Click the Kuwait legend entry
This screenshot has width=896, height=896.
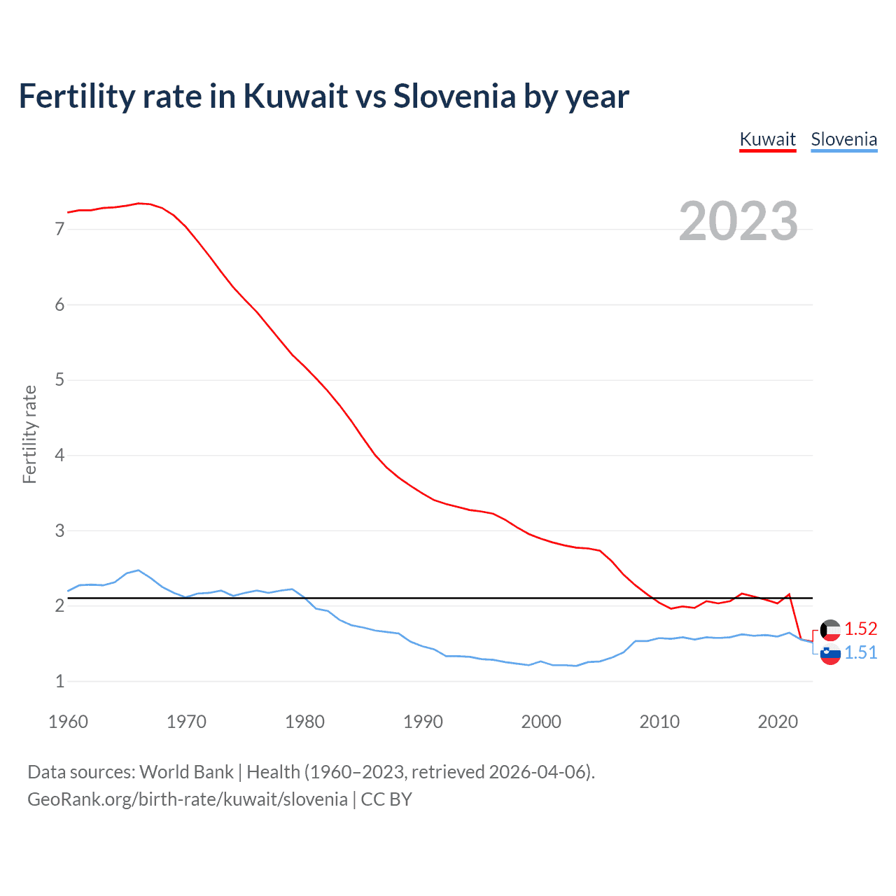coord(767,139)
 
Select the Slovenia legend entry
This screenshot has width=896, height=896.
coord(843,139)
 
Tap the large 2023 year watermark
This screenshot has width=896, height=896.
coord(738,221)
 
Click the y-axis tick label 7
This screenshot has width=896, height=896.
coord(59,229)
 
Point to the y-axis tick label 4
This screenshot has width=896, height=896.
coord(59,456)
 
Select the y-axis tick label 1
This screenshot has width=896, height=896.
coord(59,681)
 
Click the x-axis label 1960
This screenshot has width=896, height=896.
coord(68,722)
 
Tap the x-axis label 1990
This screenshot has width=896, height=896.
coord(423,722)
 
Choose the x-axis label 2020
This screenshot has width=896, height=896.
coord(778,722)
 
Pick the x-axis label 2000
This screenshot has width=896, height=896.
coord(541,722)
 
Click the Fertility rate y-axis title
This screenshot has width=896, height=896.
coord(29,434)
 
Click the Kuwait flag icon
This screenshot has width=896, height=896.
coord(830,630)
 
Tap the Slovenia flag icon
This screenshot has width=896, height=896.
coord(830,654)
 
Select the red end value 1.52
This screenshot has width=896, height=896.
coord(860,629)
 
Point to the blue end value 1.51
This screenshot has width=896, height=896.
coord(860,652)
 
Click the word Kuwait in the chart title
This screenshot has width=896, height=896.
coord(295,96)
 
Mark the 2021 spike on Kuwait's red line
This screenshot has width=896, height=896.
coord(789,594)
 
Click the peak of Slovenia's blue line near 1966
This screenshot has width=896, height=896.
coord(138,570)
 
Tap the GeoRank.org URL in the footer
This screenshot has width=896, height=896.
coord(188,799)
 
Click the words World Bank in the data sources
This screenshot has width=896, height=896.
coord(186,772)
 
